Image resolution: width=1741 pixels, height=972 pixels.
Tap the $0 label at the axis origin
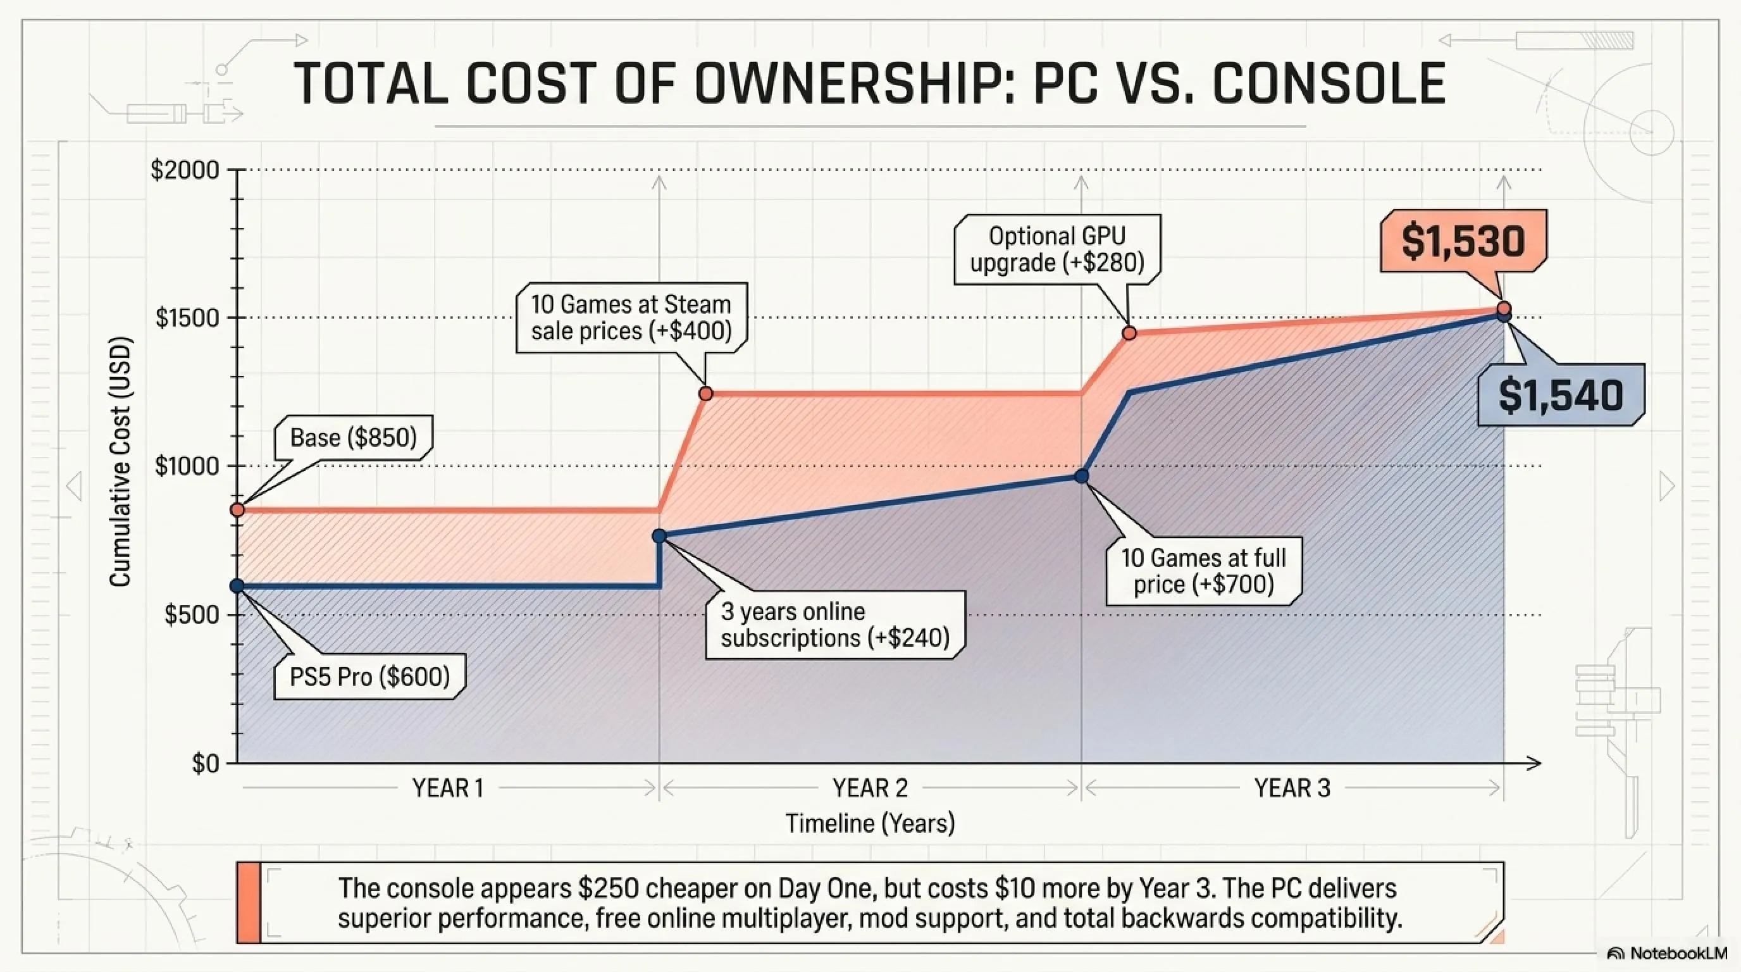coord(206,763)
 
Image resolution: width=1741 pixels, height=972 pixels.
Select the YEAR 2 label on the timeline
coord(870,788)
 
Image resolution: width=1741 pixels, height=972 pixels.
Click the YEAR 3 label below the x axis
coord(1292,788)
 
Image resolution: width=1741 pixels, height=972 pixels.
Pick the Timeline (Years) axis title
coord(870,823)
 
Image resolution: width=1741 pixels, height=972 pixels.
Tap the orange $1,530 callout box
coord(1463,242)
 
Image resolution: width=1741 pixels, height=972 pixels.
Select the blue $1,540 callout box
coord(1561,396)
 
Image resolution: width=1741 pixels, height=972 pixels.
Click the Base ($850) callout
coord(354,438)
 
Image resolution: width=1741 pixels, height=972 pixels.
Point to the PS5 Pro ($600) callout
coord(369,676)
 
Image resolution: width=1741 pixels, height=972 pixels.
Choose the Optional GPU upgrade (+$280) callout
coord(1057,249)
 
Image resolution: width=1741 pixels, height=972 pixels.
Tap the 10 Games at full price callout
coord(1204,571)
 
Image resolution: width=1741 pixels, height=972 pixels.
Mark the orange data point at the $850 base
coord(237,509)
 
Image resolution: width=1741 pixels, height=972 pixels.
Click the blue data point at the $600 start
coord(237,586)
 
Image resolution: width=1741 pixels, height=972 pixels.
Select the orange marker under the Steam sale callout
coord(705,394)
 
